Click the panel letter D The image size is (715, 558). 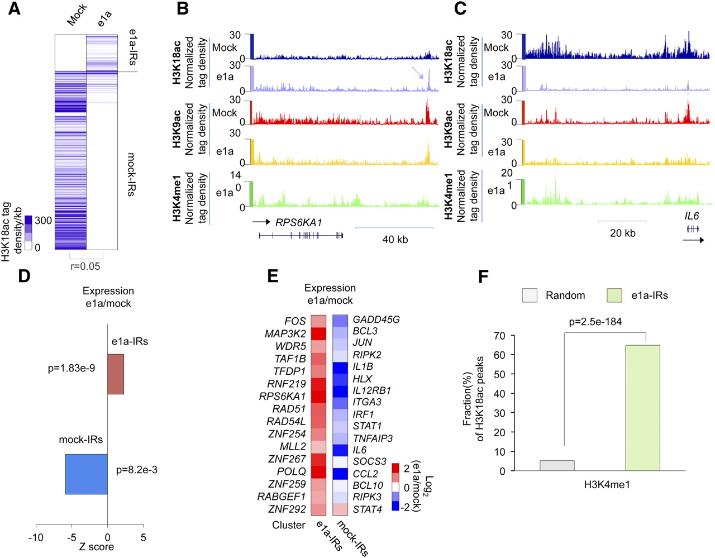[24, 276]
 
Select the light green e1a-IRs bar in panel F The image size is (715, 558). [642, 408]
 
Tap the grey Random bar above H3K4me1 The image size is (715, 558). [557, 465]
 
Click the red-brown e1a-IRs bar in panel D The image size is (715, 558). [116, 374]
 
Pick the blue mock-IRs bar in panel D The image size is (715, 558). [86, 474]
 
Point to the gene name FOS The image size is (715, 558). [295, 321]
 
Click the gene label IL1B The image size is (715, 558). [363, 366]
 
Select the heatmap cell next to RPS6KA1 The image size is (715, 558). [318, 396]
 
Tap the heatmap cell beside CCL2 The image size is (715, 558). [340, 474]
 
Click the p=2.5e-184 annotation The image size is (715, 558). [595, 322]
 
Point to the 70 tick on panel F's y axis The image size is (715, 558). [499, 336]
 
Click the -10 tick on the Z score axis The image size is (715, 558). [36, 537]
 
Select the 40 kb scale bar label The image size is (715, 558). [395, 240]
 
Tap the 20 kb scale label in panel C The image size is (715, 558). [622, 233]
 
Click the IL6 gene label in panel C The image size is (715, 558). [692, 216]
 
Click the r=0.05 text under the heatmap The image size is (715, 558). [85, 266]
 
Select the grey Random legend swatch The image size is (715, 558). [530, 295]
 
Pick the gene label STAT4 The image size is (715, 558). [368, 509]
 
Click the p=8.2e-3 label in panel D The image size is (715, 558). [137, 470]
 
